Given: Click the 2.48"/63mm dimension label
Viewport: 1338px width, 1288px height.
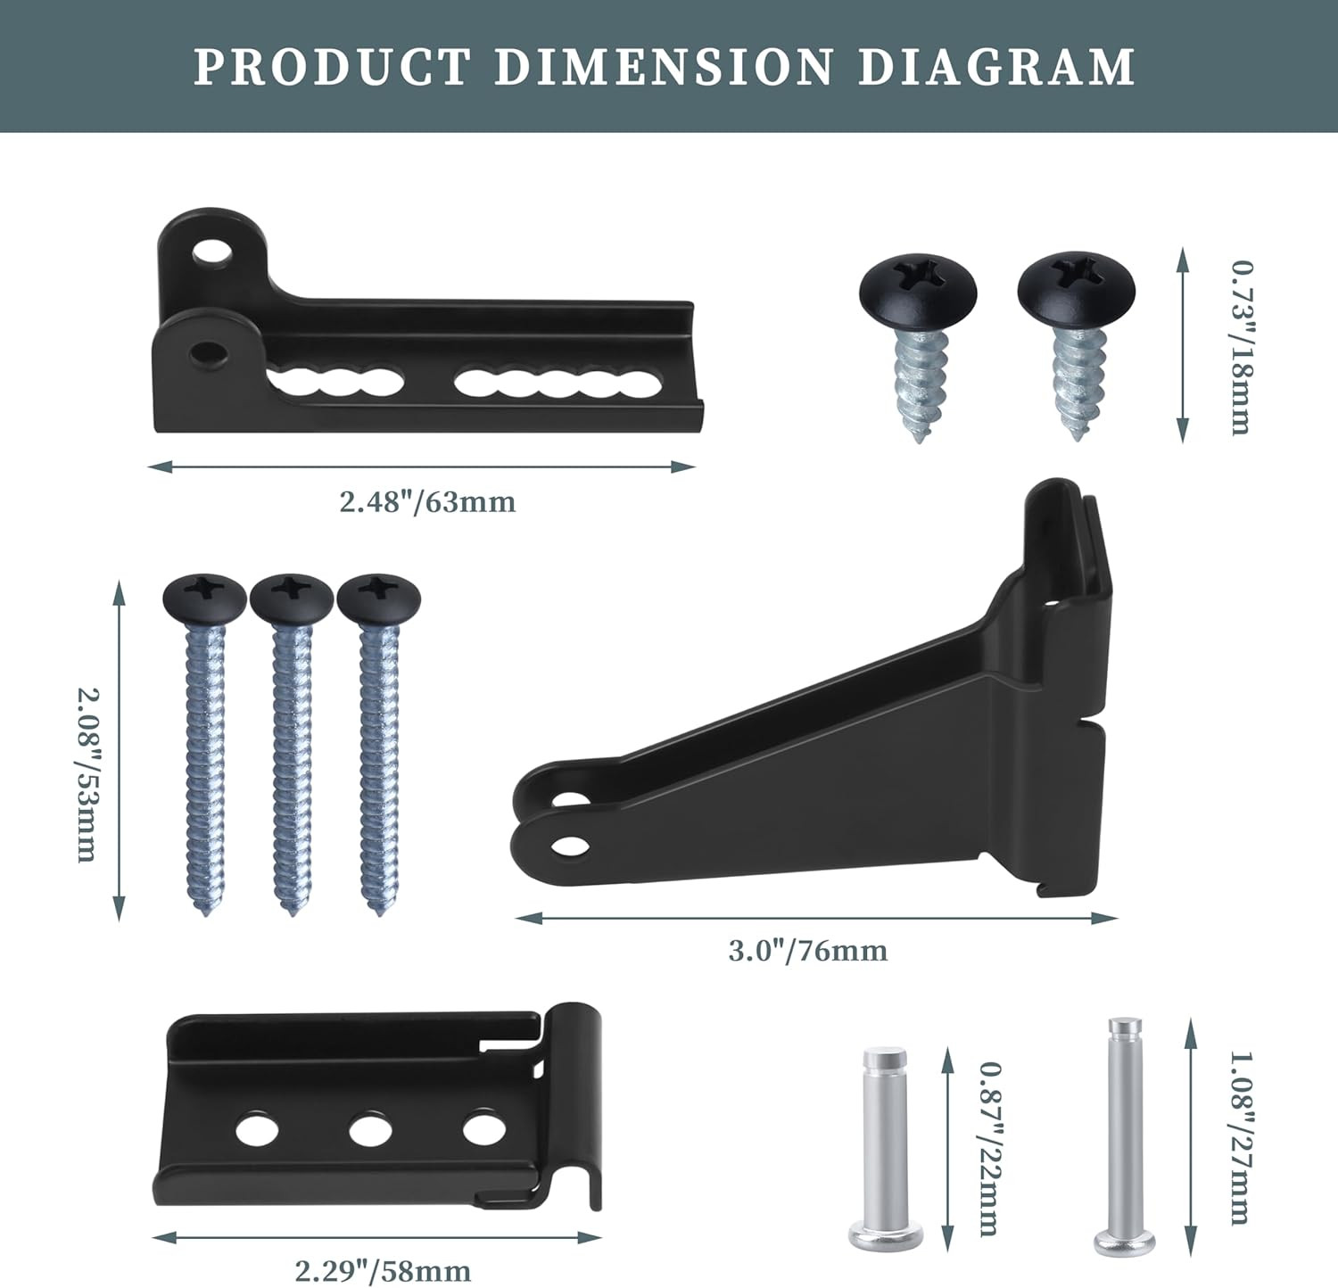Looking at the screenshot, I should [x=427, y=502].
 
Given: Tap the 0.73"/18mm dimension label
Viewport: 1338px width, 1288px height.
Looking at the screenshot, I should [x=1241, y=347].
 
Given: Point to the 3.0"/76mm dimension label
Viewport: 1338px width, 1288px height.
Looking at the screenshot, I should [x=808, y=951].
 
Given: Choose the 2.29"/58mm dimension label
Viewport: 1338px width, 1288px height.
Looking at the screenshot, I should [x=383, y=1269].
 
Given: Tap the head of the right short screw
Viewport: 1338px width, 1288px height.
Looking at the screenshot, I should [x=1075, y=287].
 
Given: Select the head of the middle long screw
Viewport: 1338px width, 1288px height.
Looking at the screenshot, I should [x=292, y=597].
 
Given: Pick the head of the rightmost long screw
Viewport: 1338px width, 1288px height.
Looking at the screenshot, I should [x=378, y=597].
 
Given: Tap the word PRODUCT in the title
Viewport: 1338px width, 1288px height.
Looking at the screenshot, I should [x=332, y=67].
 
